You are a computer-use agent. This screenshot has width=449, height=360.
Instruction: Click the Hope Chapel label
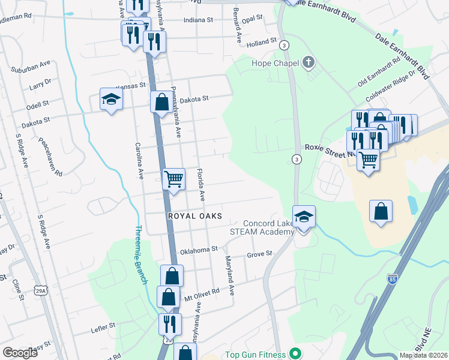tap(276, 62)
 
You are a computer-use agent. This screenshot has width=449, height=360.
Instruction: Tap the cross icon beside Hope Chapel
tap(308, 61)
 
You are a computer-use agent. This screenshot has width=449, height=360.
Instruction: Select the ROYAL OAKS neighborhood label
tap(195, 215)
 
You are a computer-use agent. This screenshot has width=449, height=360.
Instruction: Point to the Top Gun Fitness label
tap(254, 355)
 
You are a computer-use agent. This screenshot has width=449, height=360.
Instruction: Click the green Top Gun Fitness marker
tap(295, 353)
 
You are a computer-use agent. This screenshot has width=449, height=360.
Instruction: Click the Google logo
tap(20, 352)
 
